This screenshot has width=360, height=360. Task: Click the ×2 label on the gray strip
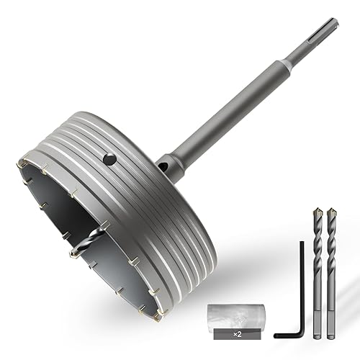tap(238, 335)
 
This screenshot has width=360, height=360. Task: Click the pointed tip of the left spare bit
tap(317, 208)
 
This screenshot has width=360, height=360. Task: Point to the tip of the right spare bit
tap(330, 208)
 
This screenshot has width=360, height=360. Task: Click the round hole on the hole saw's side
tap(109, 159)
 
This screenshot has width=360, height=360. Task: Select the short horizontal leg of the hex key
tap(287, 336)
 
